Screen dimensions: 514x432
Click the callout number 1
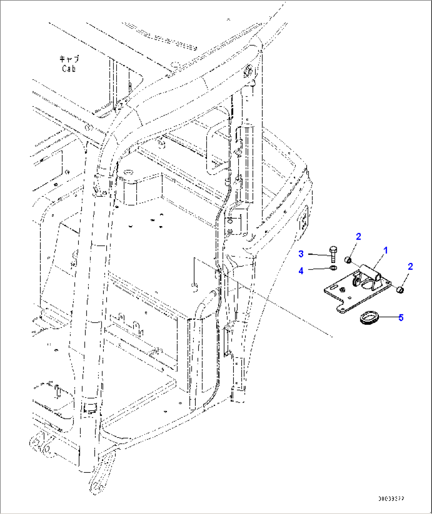(385, 250)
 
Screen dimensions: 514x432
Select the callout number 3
(301, 254)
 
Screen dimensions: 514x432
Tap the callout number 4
(301, 271)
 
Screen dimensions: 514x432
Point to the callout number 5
(401, 317)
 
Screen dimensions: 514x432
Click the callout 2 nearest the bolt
(358, 237)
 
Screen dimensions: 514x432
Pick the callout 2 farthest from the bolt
(410, 267)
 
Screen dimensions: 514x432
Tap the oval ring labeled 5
(369, 317)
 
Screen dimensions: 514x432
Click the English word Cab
(69, 69)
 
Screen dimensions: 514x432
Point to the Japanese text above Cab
(69, 59)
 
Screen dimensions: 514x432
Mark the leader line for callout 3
(318, 254)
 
